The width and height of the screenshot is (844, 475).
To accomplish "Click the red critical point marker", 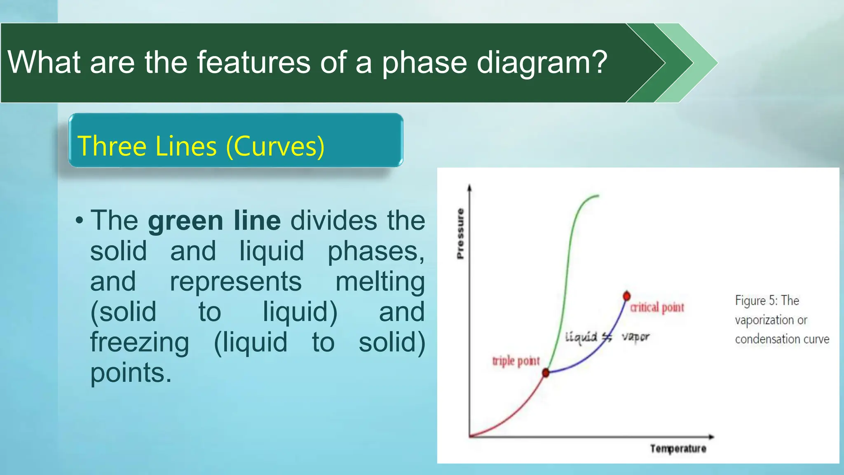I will point(626,296).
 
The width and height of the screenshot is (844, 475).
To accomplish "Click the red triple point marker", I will point(546,373).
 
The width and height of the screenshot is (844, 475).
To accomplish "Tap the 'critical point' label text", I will point(657,308).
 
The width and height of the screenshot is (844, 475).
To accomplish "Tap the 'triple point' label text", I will point(516,361).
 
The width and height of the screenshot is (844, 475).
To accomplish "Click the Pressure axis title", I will point(460,233).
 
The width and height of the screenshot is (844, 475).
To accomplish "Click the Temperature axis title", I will point(678,449).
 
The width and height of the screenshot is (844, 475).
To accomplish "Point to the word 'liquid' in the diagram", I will point(581,337).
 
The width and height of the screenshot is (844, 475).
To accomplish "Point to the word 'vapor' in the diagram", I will point(635,337).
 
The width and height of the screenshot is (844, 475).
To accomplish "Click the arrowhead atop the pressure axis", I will point(469,188).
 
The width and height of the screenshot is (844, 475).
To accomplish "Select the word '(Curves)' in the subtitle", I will point(275,146).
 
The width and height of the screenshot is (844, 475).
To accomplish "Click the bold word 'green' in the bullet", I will point(185,221).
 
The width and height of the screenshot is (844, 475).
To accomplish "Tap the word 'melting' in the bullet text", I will point(380,282).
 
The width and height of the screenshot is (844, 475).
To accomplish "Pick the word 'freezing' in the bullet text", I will point(140,342).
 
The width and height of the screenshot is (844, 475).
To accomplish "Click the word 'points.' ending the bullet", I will point(131,373).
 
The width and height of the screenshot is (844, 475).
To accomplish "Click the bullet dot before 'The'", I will point(79,221).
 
